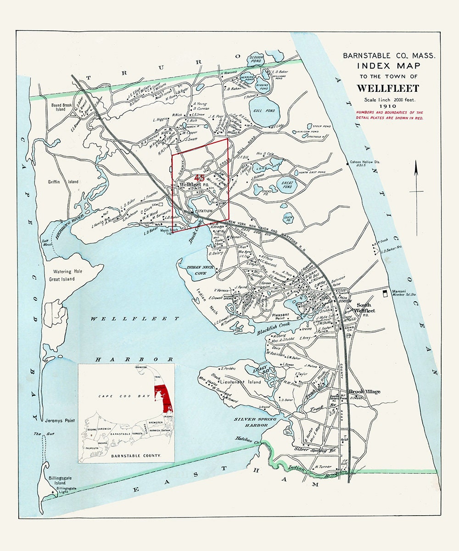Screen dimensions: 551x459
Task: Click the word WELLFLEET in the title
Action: click(x=388, y=88)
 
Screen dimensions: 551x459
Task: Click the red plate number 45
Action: click(x=200, y=178)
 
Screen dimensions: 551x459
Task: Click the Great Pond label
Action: click(x=286, y=185)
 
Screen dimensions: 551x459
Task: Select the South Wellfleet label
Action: click(x=364, y=308)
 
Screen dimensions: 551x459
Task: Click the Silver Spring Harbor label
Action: click(x=255, y=422)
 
